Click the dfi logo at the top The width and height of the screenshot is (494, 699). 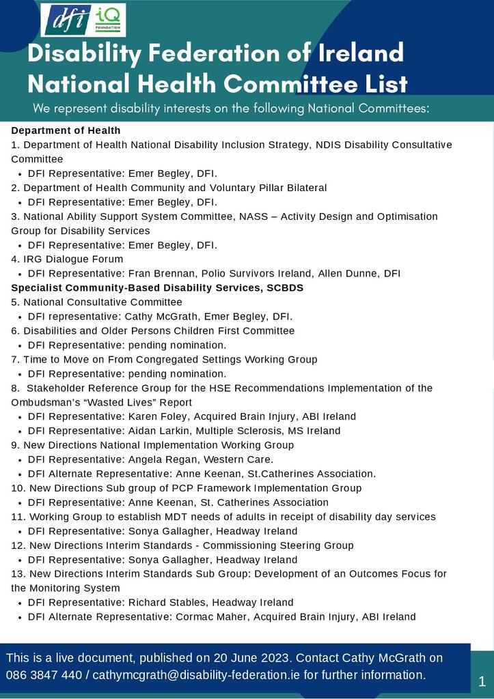[x=68, y=20]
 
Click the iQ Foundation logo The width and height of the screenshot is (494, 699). [x=108, y=20]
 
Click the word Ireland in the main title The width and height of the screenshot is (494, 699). [x=363, y=53]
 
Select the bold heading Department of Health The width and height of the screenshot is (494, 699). [x=66, y=130]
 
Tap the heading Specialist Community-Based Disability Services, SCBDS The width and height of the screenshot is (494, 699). [x=157, y=288]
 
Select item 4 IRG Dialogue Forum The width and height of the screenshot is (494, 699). [x=67, y=259]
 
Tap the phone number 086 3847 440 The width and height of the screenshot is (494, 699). [x=44, y=675]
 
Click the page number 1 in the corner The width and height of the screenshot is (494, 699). [x=482, y=681]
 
